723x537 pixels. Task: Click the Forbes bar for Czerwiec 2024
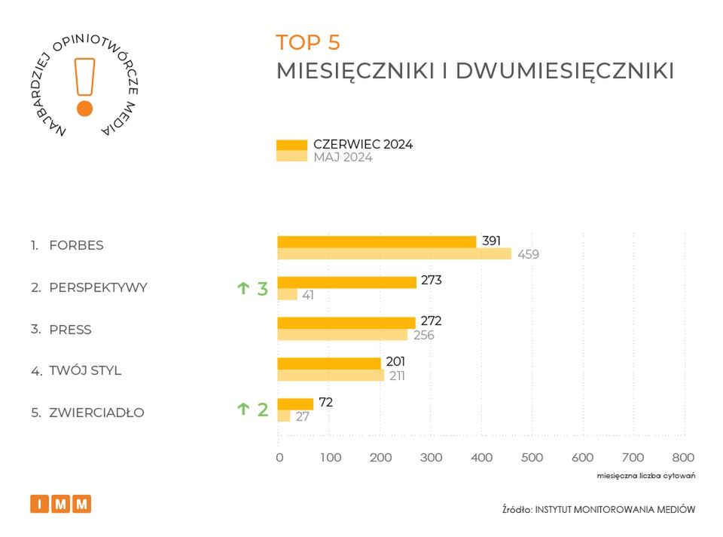[x=377, y=242]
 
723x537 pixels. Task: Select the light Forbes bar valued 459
[x=394, y=254]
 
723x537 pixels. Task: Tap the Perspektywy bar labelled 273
[x=346, y=282]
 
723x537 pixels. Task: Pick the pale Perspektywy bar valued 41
[x=287, y=294]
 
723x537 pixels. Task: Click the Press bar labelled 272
[x=346, y=323]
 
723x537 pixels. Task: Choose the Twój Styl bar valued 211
[x=330, y=375]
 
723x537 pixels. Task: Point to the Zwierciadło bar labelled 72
[x=294, y=404]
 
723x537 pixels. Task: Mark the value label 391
[x=492, y=240]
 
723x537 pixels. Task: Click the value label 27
[x=302, y=416]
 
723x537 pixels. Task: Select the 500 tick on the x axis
[x=532, y=457]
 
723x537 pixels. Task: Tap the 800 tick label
[x=682, y=457]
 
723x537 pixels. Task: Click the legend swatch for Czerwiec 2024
[x=291, y=145]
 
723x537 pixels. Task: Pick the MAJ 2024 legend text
[x=343, y=158]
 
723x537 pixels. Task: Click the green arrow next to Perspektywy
[x=243, y=288]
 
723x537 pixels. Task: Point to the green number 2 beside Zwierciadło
[x=262, y=410]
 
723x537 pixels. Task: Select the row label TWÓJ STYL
[x=85, y=371]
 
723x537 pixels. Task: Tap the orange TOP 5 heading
[x=308, y=42]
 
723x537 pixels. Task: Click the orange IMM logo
[x=60, y=504]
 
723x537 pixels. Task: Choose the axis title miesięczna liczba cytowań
[x=645, y=476]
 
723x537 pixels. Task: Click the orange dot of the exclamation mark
[x=84, y=108]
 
